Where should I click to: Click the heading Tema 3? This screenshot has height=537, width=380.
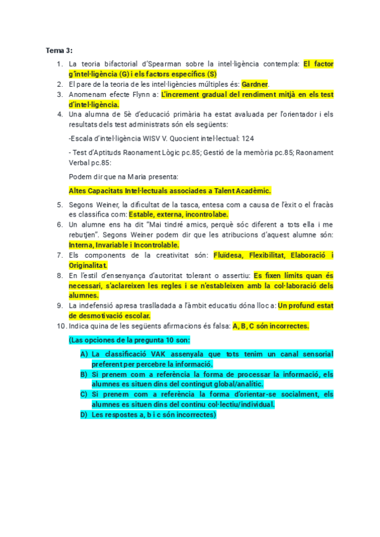coord(60,50)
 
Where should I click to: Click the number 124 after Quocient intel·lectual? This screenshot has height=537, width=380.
coord(248,138)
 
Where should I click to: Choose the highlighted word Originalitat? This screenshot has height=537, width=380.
coord(88,265)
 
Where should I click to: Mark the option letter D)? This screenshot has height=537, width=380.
coord(84,415)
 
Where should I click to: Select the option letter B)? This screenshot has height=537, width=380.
coord(84,374)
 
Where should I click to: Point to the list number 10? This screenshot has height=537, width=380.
coord(61,326)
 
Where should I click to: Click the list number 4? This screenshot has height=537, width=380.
coord(60,115)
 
